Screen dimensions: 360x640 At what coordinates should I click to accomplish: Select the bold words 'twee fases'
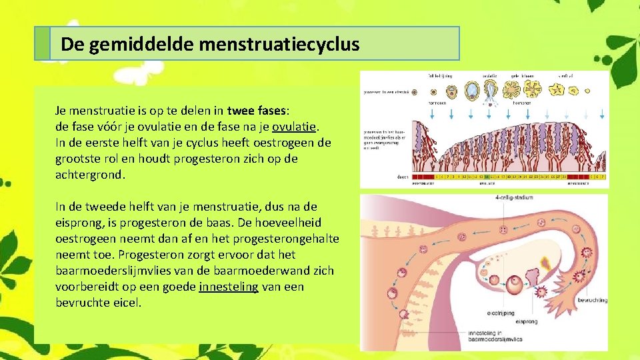[x=255, y=111]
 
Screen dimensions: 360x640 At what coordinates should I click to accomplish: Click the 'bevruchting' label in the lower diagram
[x=592, y=301]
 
